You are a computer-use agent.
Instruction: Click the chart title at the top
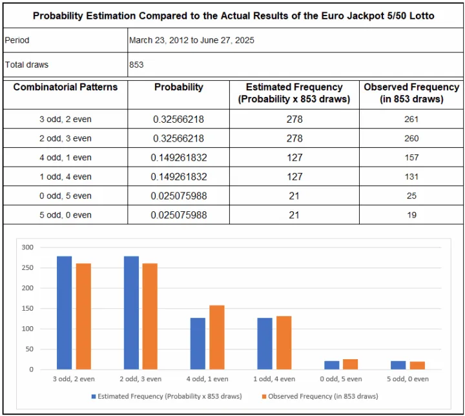(x=233, y=15)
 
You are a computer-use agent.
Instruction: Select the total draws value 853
(x=136, y=65)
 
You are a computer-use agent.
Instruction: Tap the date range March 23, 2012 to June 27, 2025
(x=191, y=40)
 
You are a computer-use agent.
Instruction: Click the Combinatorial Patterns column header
(x=65, y=87)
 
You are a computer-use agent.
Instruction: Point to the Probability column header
(x=178, y=87)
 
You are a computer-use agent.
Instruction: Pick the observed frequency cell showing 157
(x=411, y=157)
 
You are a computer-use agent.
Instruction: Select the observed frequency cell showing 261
(x=411, y=119)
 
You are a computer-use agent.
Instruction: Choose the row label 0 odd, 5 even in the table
(x=65, y=196)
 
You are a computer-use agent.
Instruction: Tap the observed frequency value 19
(x=411, y=214)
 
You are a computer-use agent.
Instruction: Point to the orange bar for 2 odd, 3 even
(x=150, y=316)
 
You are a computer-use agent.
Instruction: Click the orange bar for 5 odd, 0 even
(x=417, y=365)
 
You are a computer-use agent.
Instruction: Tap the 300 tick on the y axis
(x=26, y=247)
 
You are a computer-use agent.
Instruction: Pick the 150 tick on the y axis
(x=26, y=308)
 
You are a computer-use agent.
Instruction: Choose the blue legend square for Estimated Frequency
(x=94, y=396)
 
